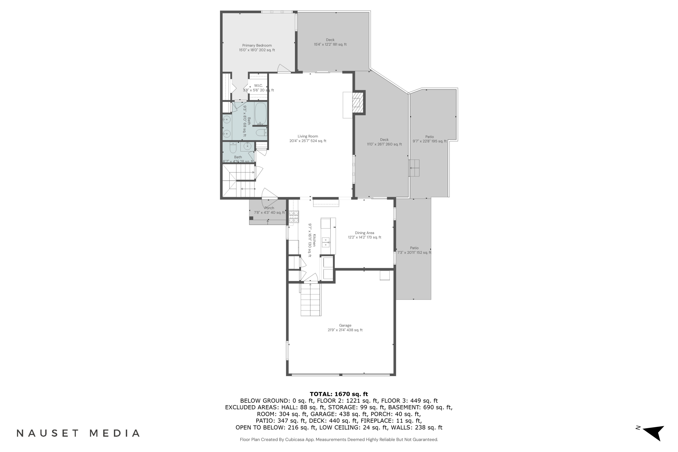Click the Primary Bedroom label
(257, 47)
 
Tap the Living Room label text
(308, 138)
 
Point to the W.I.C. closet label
(258, 88)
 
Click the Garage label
(345, 327)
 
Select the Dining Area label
(364, 235)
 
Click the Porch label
(269, 210)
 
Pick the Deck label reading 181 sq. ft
(330, 42)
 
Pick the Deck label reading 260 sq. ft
(384, 142)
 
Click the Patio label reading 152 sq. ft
(414, 250)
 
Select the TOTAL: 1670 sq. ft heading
(339, 394)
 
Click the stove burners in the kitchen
(294, 217)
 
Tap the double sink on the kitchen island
(326, 242)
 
